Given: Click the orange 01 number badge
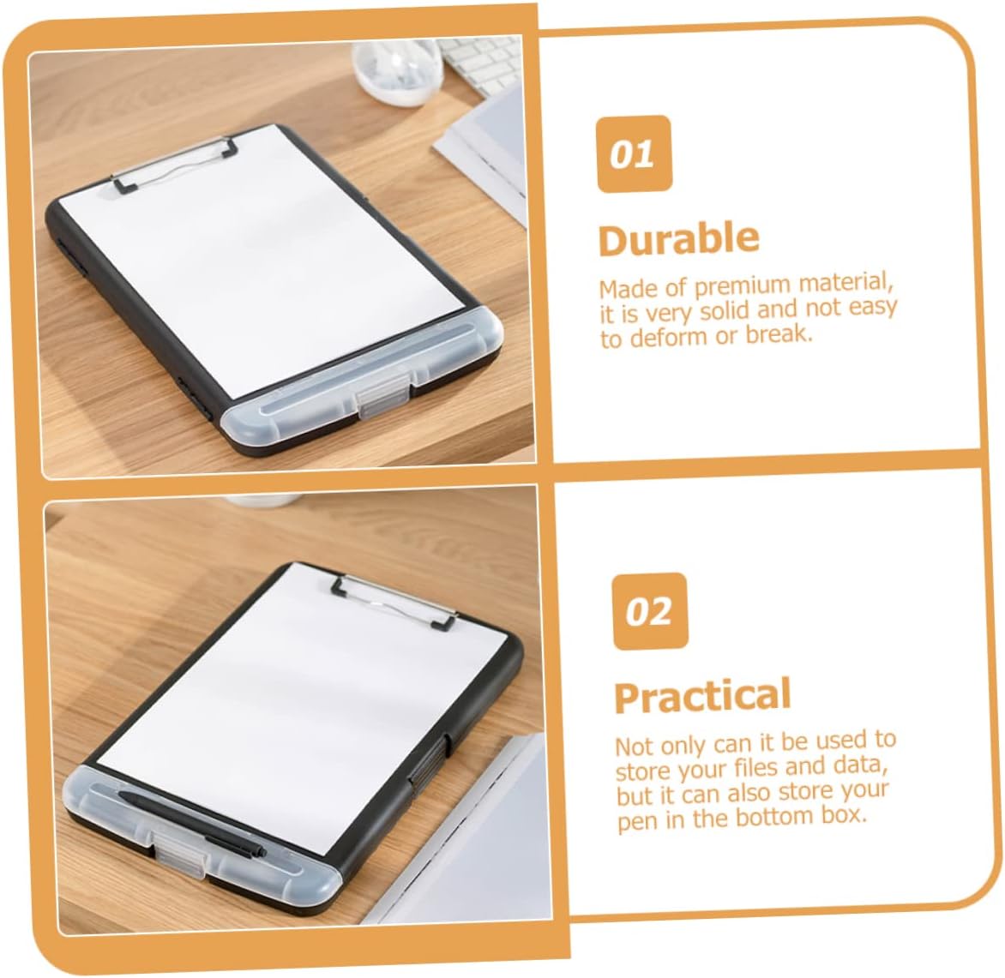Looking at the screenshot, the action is coord(634,153).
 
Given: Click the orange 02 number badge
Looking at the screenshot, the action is coord(650,611).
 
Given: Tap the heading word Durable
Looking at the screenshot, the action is coord(679,239).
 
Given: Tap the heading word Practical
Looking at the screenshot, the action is coord(703,696).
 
